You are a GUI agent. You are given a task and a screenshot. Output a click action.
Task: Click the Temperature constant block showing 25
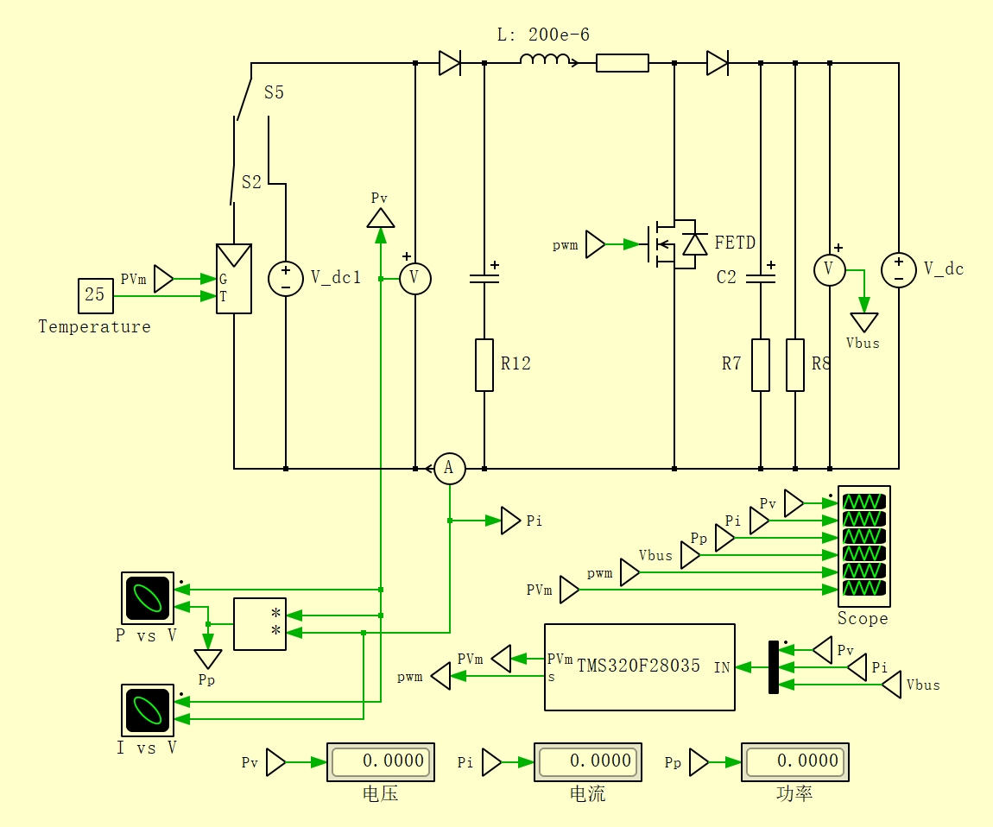point(96,296)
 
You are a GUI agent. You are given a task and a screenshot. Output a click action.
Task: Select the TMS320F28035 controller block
point(640,667)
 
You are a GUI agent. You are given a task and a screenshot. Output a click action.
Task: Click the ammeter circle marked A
point(450,469)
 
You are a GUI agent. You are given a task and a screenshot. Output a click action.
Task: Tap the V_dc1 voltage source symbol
point(286,279)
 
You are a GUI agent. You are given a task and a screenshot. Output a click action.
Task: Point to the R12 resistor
point(484,365)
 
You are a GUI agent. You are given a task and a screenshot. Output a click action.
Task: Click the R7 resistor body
point(761,365)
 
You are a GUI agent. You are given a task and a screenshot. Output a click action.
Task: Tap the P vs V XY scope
point(148,597)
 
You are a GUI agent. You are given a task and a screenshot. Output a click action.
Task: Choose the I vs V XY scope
point(148,710)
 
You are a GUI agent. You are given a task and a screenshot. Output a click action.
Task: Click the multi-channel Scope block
point(863,546)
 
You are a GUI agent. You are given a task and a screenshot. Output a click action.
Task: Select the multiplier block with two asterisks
point(260,624)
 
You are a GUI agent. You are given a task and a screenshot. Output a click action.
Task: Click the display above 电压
point(381,761)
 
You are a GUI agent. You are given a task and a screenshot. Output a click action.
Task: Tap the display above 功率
point(794,761)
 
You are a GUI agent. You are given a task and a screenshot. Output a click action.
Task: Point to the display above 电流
point(588,761)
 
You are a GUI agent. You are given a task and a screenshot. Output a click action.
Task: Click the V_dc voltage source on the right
point(899,269)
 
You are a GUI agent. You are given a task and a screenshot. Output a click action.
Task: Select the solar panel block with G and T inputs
point(234,279)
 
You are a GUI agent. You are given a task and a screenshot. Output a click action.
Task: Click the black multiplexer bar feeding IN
point(774,667)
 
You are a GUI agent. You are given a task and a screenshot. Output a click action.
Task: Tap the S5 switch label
point(275,92)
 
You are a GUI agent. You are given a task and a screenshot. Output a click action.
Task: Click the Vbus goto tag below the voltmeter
point(863,322)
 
